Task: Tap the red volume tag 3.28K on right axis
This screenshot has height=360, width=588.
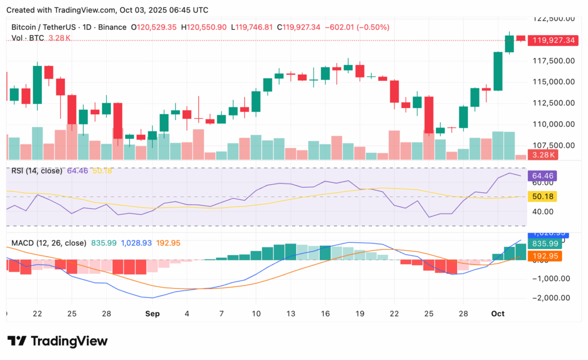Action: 543,155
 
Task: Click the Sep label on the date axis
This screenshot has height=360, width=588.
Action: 152,314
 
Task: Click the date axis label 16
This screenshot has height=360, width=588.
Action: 325,314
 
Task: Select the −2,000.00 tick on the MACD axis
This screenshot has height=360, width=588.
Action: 552,298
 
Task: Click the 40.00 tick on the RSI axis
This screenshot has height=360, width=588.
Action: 543,211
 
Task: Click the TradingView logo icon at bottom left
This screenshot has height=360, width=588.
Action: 16,341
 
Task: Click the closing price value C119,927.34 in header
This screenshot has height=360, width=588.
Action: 298,27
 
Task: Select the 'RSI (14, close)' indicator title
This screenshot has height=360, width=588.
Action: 37,171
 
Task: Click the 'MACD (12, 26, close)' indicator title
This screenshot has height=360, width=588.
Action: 48,243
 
